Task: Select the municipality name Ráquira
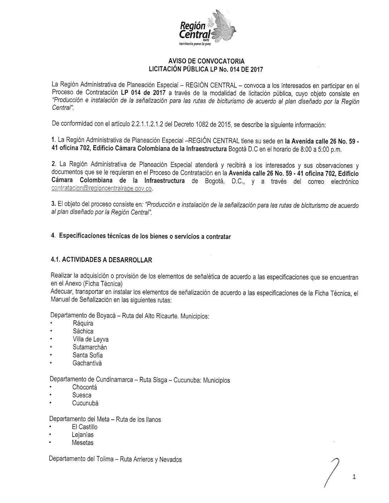pos(83,323)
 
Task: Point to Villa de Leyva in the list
pos(90,339)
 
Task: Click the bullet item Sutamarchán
pos(89,347)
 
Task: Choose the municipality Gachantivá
pos(87,363)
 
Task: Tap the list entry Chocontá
pos(84,387)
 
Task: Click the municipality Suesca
pos(82,395)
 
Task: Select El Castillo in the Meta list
pos(84,427)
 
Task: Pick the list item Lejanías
pos(83,435)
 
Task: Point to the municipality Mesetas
pos(83,443)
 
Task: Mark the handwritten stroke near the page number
pos(332,472)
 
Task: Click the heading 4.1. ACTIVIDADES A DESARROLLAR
pos(102,260)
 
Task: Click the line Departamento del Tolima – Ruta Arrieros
pos(115,459)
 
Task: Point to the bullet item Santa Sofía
pos(88,355)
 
